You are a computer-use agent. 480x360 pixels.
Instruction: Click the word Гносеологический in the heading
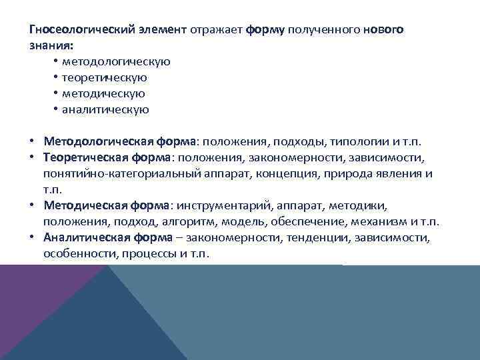[75, 30]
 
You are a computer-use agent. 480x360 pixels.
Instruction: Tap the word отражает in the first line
[216, 30]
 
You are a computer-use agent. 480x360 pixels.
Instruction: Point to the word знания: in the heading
[51, 45]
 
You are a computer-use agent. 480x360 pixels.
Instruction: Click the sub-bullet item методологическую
[116, 62]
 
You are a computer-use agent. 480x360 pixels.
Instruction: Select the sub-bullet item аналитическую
[105, 110]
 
